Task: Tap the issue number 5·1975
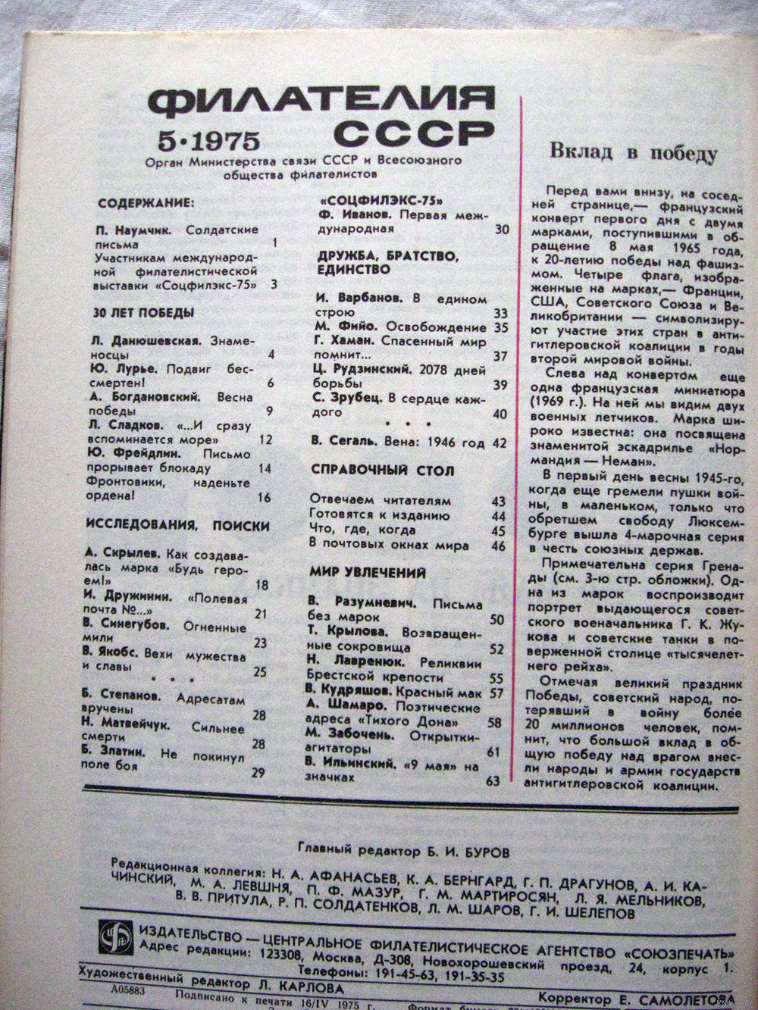[x=209, y=139]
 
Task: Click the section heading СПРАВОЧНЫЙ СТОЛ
[x=383, y=471]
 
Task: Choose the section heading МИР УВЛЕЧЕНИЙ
[x=368, y=573]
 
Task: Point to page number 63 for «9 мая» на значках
[x=493, y=780]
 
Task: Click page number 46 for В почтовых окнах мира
[x=497, y=546]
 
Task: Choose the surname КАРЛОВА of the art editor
[x=309, y=988]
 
